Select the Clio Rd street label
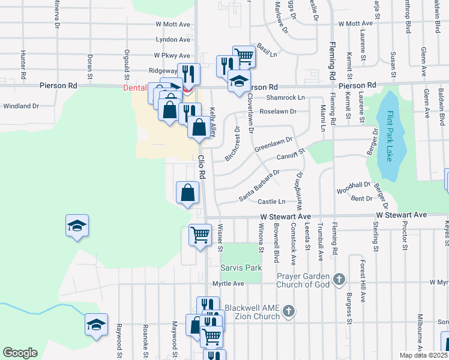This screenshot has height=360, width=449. (x=202, y=167)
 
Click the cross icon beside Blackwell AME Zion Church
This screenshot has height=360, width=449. (x=289, y=311)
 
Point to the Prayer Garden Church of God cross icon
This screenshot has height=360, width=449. (x=339, y=279)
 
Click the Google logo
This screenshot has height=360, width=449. (x=20, y=353)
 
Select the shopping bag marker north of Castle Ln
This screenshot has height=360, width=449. (x=188, y=193)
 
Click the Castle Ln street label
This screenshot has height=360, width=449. (x=271, y=202)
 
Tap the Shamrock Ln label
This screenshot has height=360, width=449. (x=286, y=97)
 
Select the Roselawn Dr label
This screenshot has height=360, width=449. (x=278, y=112)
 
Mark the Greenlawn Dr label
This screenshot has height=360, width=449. (x=273, y=144)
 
